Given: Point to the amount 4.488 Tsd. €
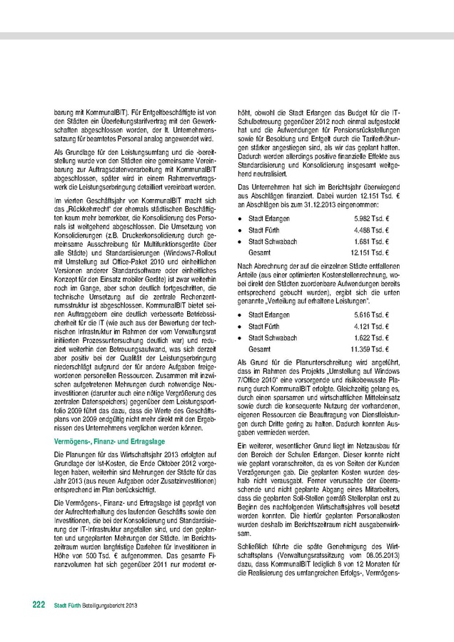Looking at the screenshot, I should tap(370, 230).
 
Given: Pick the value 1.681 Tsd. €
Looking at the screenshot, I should tap(370, 243).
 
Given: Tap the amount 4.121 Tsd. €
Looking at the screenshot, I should tap(370, 326).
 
